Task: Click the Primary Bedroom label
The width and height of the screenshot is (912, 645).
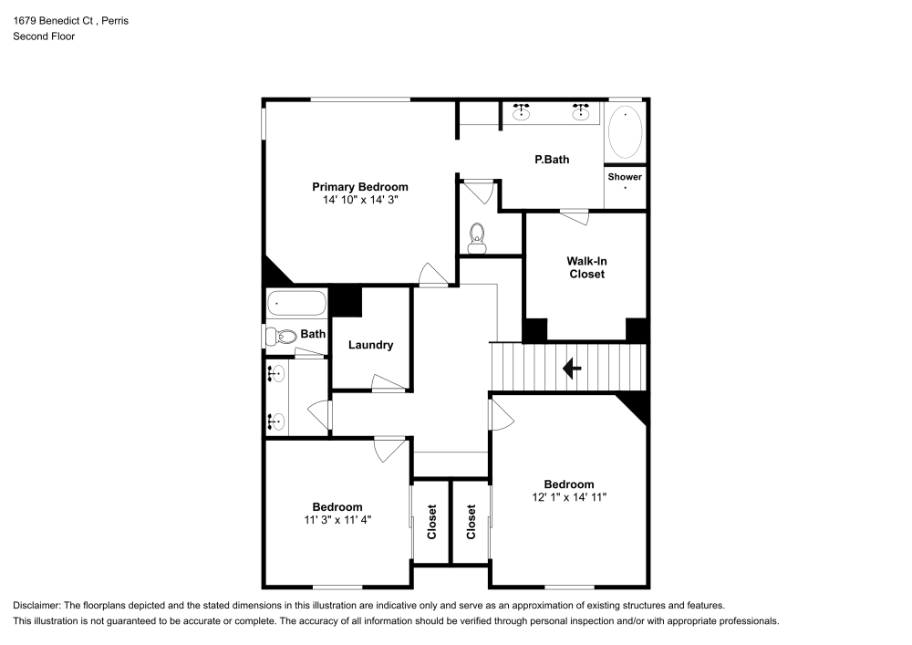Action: coord(359,186)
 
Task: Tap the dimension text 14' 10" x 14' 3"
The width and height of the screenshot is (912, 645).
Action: coord(359,199)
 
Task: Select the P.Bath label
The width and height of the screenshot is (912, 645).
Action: coord(552,160)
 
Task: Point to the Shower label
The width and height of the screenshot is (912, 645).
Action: coord(625,177)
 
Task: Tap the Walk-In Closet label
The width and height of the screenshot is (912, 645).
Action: coord(586,267)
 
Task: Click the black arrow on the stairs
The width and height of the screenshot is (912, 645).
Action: coord(572,369)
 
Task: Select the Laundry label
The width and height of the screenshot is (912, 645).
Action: coord(370,345)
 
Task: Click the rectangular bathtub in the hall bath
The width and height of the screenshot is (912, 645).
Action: coord(295,304)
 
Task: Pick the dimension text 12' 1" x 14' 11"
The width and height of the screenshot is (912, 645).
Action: coord(569,497)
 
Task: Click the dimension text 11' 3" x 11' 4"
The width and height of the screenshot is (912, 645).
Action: coord(337,519)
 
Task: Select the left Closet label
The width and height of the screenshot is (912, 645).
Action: coord(432,522)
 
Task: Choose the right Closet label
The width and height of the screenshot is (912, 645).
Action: coord(472,522)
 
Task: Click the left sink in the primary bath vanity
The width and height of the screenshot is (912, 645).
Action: coord(522,113)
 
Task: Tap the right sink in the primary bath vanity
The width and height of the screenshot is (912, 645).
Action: coord(580,113)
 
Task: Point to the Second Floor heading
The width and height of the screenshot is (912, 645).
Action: coord(44,36)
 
